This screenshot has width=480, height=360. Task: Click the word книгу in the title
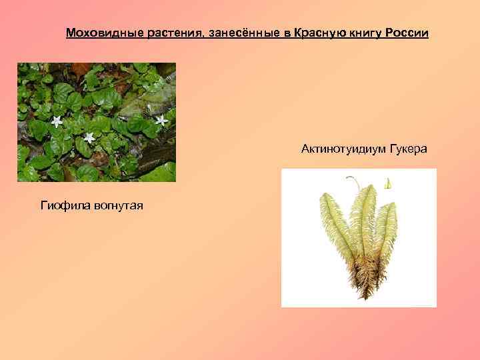pos(362,33)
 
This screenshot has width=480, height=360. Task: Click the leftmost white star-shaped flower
pos(57,121)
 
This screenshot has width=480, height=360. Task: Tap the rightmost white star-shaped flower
pos(161,120)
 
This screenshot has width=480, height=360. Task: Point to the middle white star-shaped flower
pos(89,137)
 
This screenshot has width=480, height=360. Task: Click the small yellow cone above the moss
pos(387,183)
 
